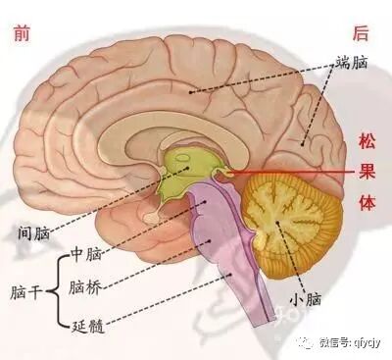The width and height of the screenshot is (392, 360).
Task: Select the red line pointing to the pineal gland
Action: click(x=294, y=174)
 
